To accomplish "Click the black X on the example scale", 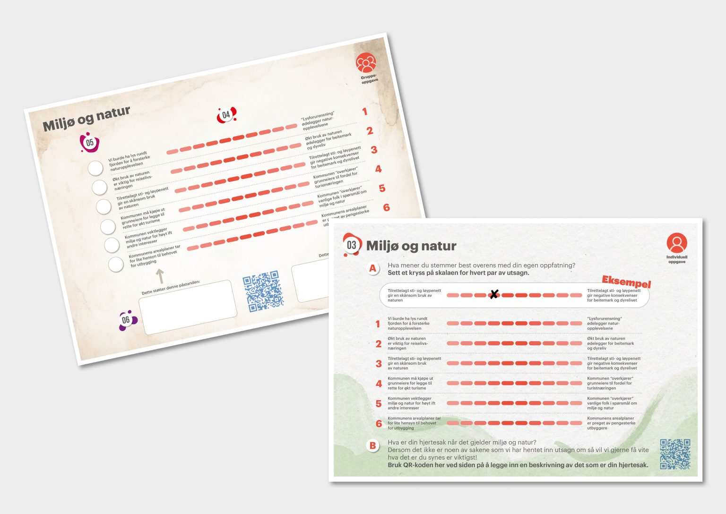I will tap(493, 295).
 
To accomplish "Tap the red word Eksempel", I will tap(626, 282).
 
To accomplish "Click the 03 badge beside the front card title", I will tap(351, 245).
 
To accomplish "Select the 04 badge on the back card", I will tap(226, 115).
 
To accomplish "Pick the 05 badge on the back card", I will tap(89, 143).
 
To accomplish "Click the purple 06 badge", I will tap(126, 320).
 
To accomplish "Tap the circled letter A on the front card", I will tap(373, 268).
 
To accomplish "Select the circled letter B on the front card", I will tap(373, 445).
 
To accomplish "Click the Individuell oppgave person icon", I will tap(676, 243).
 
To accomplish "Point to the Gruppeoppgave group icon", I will tap(366, 63).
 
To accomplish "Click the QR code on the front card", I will tap(675, 454).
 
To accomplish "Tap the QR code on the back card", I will tap(263, 291).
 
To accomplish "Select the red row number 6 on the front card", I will tap(379, 424).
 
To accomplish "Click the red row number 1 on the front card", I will tap(378, 324).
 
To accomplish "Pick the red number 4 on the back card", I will tap(378, 169).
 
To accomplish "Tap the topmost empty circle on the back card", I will tap(95, 168).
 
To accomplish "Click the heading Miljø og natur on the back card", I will tap(86, 119).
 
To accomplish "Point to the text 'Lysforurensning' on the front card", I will tap(605, 319).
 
